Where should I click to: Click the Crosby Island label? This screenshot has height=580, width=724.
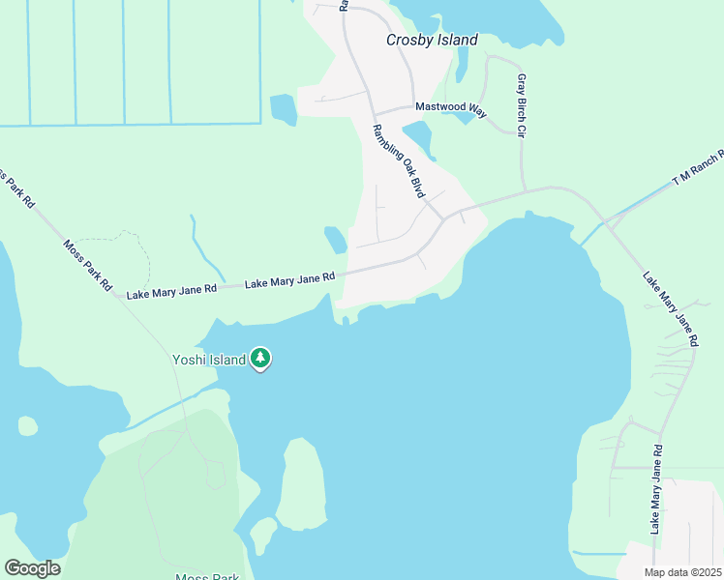432,40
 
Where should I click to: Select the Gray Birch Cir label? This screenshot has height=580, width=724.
522,105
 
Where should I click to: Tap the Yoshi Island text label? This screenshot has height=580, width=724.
208,360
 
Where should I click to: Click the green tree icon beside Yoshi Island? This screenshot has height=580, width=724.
259,359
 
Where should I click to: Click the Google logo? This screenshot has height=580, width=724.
32,568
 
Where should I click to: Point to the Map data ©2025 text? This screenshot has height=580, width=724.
683,572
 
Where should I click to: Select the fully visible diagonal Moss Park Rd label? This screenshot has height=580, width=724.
88,267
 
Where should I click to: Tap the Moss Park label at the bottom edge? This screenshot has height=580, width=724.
209,577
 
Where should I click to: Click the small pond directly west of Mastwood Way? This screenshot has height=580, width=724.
283,109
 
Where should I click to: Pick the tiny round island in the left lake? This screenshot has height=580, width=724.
28,425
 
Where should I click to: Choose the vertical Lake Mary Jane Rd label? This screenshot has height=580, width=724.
656,489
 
